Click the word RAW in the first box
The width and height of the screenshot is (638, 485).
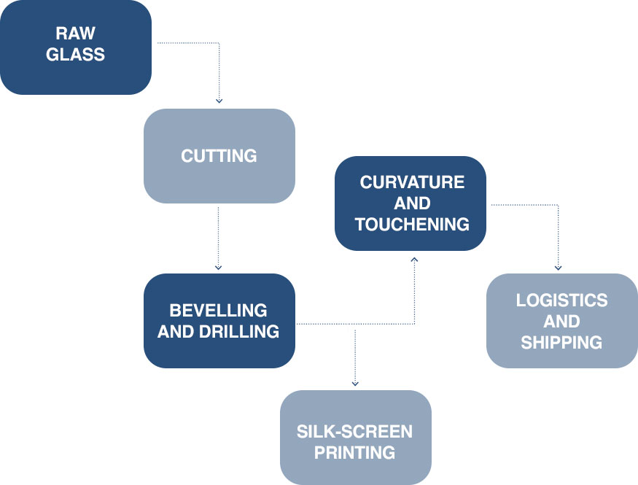pos(76,34)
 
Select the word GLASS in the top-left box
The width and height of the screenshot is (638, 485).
pos(76,55)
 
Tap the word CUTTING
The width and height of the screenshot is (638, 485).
pos(219,156)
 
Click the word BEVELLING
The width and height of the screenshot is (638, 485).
pos(219,311)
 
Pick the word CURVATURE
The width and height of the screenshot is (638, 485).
pos(412,182)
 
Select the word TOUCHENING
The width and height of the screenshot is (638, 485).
pos(412,224)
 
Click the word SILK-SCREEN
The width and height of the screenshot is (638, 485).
pos(355,431)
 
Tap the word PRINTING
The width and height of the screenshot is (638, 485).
pos(355,452)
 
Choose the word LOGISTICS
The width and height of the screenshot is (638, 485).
pos(561,300)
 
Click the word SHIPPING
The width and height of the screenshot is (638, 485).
pos(561,342)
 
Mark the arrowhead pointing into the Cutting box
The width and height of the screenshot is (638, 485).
pos(219,101)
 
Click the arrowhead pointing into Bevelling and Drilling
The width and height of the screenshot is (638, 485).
pos(219,265)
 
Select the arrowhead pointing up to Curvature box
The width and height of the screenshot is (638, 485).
pos(414,259)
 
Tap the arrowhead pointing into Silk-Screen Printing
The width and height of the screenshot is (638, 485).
pos(355,382)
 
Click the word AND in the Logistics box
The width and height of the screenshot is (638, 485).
pos(561,321)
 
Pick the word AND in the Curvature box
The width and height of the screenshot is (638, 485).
pos(412,203)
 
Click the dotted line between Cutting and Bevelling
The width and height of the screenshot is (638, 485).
pos(219,233)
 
